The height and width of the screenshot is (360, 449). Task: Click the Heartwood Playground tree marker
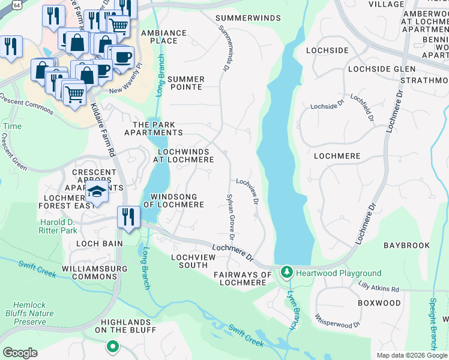(x=287, y=273)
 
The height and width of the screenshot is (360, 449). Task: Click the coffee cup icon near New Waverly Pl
(x=122, y=58)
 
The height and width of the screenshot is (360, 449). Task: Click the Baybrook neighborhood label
(x=406, y=245)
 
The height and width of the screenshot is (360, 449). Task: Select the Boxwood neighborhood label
(x=379, y=303)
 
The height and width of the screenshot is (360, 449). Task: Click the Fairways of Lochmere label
(x=243, y=278)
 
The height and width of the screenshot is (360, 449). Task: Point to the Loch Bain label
(x=99, y=244)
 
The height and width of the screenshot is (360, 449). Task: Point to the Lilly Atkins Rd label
(x=378, y=289)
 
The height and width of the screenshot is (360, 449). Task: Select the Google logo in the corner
(x=20, y=353)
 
